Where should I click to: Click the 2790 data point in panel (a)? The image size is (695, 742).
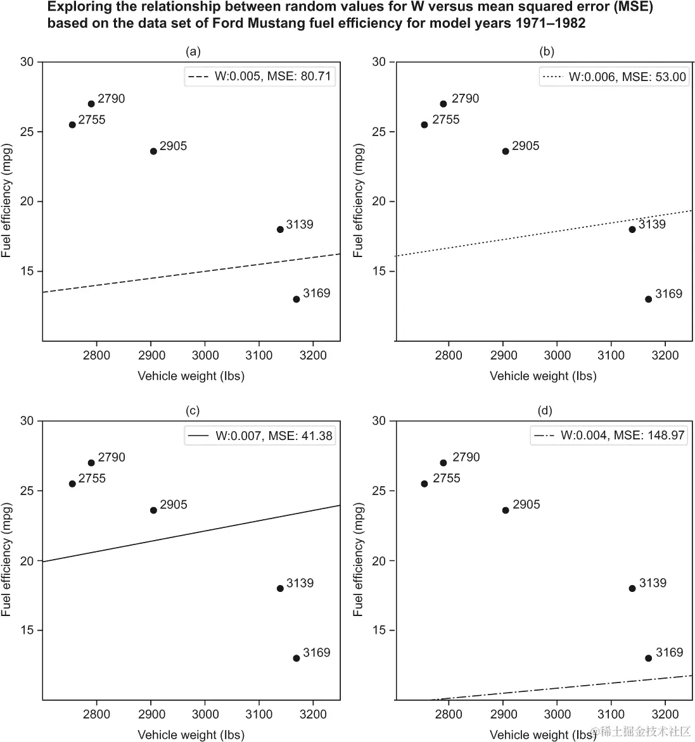click(x=91, y=104)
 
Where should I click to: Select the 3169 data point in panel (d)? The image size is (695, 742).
click(x=649, y=658)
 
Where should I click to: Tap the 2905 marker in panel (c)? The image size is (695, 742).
click(x=153, y=510)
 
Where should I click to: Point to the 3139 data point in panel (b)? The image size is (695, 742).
click(x=632, y=229)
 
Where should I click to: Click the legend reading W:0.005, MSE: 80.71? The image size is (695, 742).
click(x=259, y=77)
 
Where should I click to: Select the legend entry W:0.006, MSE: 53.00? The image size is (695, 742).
click(x=615, y=77)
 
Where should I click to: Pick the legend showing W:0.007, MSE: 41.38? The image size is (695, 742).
click(x=259, y=436)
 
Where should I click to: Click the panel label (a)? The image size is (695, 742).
click(x=192, y=52)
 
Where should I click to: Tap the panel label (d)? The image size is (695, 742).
click(x=545, y=411)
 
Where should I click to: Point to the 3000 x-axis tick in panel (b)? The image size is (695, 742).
click(x=557, y=355)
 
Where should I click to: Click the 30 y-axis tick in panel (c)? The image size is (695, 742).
click(x=27, y=421)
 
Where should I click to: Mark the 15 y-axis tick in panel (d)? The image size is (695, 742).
click(x=379, y=631)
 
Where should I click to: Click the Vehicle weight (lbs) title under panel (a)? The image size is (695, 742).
click(x=191, y=376)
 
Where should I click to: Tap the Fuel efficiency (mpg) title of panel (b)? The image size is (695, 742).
click(x=359, y=201)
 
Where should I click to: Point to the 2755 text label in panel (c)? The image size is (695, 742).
click(x=92, y=479)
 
